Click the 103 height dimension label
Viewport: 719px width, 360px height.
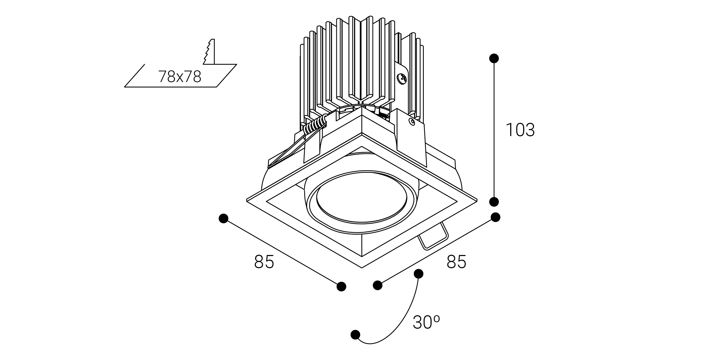click(x=520, y=130)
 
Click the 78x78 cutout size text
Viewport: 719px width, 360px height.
click(x=180, y=77)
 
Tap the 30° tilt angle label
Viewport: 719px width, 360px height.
click(x=426, y=322)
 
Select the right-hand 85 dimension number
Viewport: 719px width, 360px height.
click(x=456, y=262)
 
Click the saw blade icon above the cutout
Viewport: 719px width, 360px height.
click(x=209, y=52)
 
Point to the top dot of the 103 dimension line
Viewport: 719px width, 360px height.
click(x=494, y=59)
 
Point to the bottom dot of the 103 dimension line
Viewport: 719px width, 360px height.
click(x=494, y=201)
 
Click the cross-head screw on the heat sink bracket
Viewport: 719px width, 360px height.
click(x=402, y=79)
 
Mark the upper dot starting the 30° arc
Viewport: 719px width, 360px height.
click(x=418, y=274)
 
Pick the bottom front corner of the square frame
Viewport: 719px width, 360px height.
click(x=362, y=267)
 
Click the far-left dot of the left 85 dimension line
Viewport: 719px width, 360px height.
click(x=223, y=219)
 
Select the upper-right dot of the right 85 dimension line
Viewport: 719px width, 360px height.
click(x=495, y=217)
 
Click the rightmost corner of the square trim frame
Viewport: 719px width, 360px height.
click(x=477, y=200)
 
